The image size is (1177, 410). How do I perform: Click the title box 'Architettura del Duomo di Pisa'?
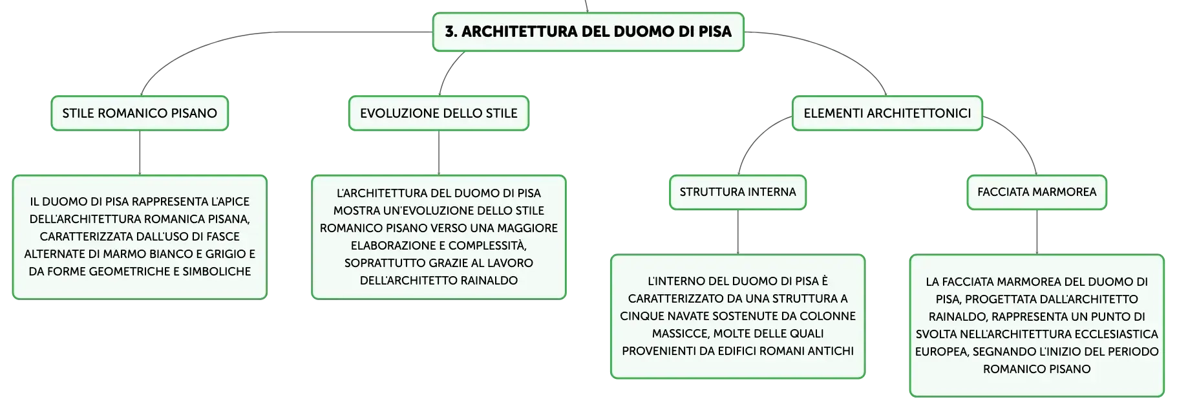(588, 32)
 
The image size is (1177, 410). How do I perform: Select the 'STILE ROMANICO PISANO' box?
(140, 113)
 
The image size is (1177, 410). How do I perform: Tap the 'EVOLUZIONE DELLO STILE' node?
(439, 113)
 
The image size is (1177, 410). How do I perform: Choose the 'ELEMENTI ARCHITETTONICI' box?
(887, 113)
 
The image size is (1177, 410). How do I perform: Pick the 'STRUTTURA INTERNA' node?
(738, 192)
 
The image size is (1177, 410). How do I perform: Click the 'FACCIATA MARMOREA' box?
(1037, 192)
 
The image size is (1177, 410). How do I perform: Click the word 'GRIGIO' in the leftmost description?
(226, 254)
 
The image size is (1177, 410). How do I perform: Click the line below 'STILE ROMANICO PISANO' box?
(140, 153)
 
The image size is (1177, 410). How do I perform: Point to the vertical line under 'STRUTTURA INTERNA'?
(738, 232)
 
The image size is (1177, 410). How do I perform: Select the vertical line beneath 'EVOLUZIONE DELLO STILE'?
(439, 153)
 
